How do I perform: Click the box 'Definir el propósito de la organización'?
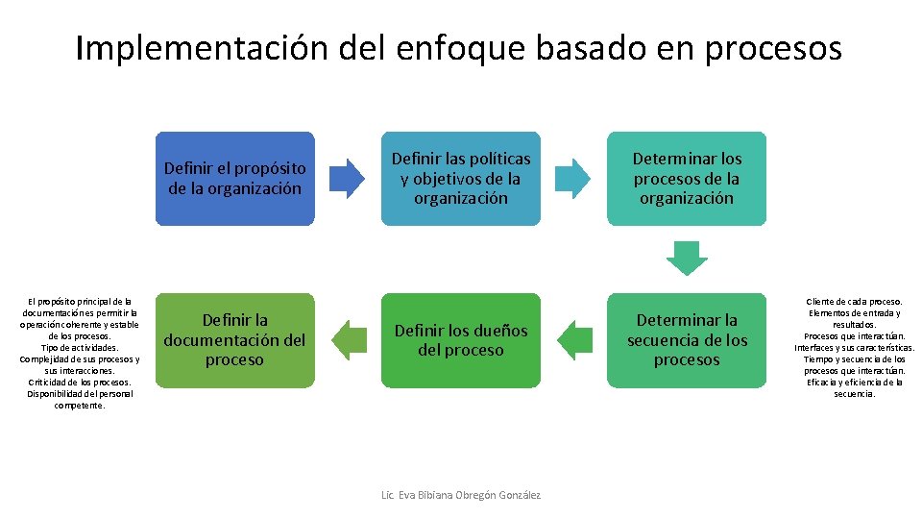235,179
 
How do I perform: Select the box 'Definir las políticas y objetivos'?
460,179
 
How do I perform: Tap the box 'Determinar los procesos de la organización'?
687,179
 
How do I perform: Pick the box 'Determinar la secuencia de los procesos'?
687,340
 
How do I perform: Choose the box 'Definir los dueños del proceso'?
460,340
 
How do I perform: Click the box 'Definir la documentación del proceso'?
235,340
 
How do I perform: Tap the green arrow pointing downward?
687,258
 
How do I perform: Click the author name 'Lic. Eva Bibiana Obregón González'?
460,495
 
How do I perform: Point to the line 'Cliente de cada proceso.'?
855,301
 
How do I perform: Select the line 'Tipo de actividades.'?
80,347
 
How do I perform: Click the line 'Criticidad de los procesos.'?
80,382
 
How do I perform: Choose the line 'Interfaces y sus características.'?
855,347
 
